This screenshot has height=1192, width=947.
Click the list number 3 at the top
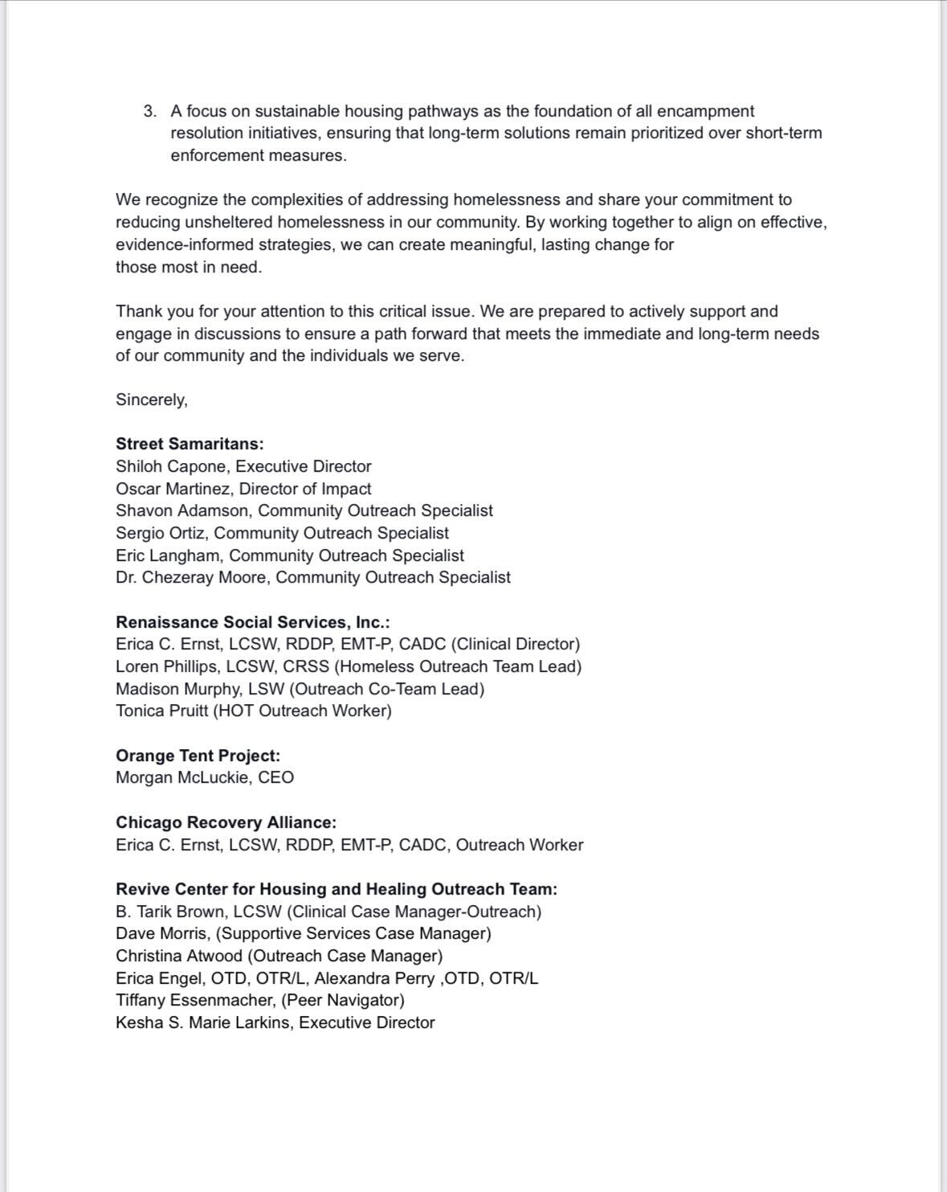[x=149, y=112]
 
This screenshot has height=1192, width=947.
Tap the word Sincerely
[x=151, y=400]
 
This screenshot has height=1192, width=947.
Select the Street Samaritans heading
[x=190, y=444]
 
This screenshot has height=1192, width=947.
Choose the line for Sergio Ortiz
[x=282, y=533]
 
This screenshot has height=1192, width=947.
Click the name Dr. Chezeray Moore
[x=190, y=577]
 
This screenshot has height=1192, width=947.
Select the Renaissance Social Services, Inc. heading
[x=253, y=622]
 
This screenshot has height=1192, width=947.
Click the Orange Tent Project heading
[x=198, y=756]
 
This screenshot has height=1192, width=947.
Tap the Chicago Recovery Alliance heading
[x=226, y=822]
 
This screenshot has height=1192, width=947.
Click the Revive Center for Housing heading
[x=336, y=889]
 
